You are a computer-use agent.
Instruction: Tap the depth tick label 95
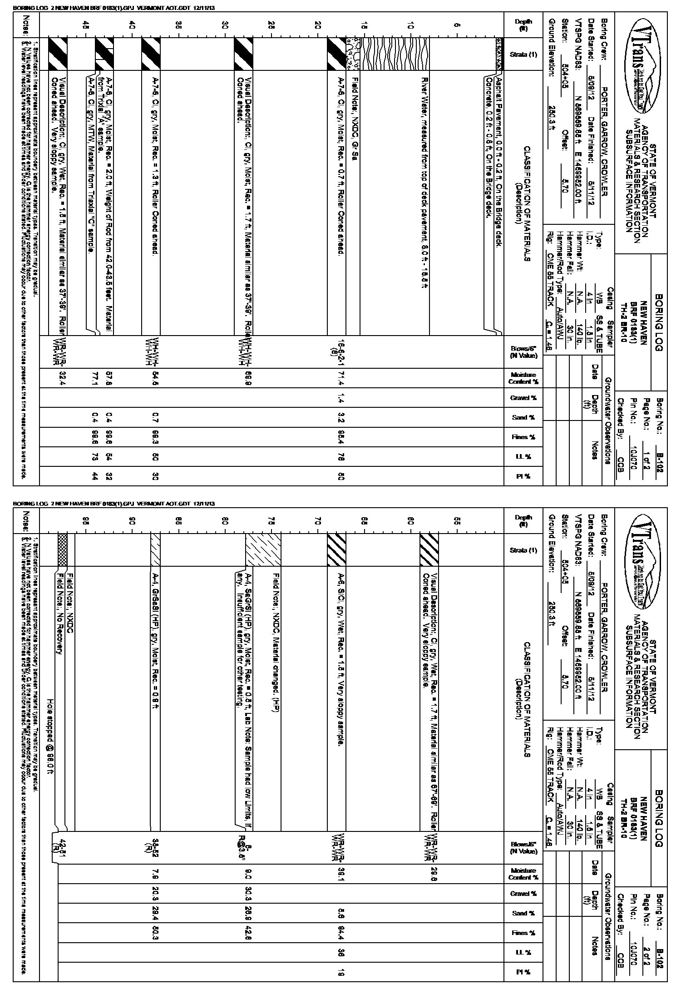tap(85, 521)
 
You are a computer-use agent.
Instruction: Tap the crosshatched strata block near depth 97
tap(63, 549)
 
